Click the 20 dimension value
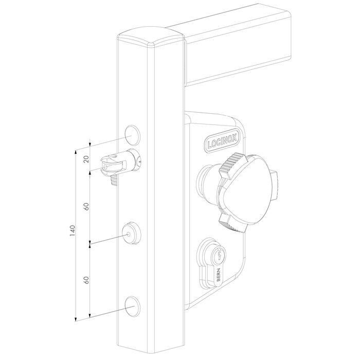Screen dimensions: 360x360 [x=86, y=160]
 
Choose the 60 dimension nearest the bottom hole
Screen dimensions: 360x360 [x=86, y=281]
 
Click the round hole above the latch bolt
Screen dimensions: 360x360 [x=132, y=132]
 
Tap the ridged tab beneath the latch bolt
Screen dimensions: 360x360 [x=114, y=179]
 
